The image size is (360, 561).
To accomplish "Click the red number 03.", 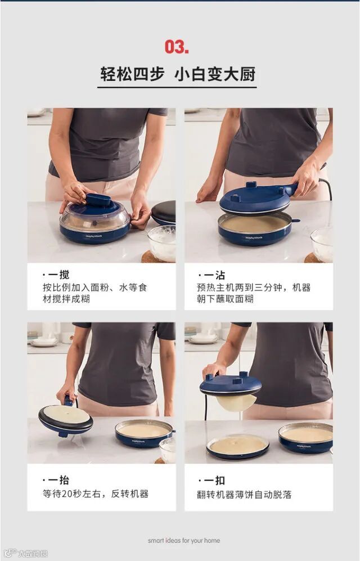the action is click(x=177, y=47).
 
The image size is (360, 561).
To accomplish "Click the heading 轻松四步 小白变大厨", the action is click(x=178, y=74).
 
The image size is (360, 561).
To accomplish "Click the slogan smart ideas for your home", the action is click(x=184, y=540).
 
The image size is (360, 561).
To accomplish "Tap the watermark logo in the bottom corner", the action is click(x=26, y=553).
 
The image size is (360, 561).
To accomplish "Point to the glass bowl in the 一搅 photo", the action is click(x=161, y=243).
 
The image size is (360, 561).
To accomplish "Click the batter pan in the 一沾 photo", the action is click(x=255, y=228).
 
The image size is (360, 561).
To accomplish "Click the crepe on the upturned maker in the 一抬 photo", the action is click(x=66, y=414).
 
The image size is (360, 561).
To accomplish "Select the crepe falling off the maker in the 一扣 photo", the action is click(x=236, y=402).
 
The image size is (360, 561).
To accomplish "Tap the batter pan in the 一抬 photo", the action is click(x=144, y=433).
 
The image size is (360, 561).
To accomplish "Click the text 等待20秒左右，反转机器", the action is click(x=96, y=493).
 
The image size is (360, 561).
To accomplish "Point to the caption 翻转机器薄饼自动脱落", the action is click(x=244, y=495).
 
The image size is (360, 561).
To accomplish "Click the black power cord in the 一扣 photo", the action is click(x=206, y=407).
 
